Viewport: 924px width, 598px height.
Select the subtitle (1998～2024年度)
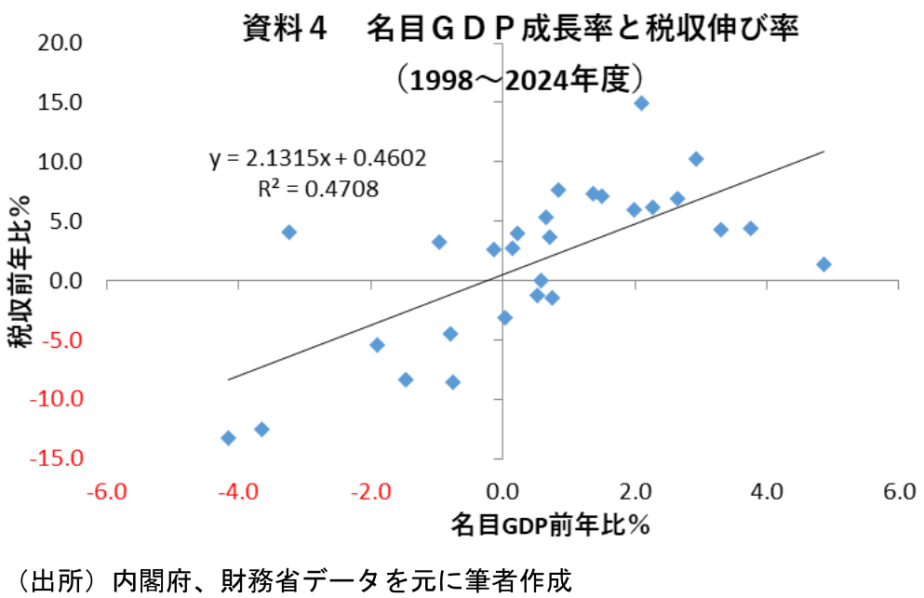pos(521,78)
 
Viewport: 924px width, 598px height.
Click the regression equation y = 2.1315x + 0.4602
pos(318,158)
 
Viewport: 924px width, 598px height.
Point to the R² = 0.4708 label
pos(318,189)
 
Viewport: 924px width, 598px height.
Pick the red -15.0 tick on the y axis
pos(61,458)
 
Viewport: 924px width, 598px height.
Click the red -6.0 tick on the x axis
pos(106,491)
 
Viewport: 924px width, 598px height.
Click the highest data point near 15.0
pos(641,103)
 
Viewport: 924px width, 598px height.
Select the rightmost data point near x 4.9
pos(824,264)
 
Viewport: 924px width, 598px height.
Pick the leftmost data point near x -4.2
pos(228,438)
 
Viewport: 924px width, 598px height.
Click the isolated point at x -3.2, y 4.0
pos(289,232)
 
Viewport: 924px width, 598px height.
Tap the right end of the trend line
pos(824,152)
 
